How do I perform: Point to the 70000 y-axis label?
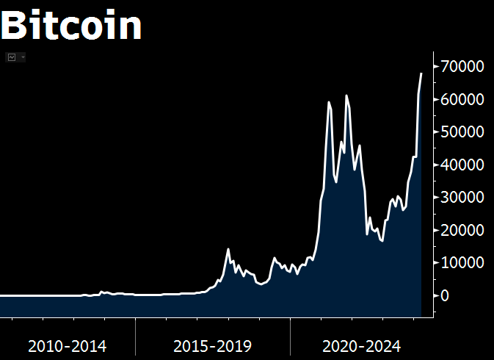(462, 67)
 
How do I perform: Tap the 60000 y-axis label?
(462, 99)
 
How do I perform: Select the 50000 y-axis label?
(462, 132)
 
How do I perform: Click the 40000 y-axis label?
(462, 165)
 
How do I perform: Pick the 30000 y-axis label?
(462, 198)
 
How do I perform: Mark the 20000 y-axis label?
(462, 230)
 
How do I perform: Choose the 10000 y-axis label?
(462, 262)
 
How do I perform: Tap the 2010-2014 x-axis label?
(67, 345)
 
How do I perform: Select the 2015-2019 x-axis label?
(213, 345)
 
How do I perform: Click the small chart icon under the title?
(12, 57)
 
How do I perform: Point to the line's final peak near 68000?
(421, 73)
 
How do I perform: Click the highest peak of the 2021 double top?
(346, 96)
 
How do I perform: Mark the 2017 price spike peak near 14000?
(228, 249)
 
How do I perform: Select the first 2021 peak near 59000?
(329, 102)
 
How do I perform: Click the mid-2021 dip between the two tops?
(336, 182)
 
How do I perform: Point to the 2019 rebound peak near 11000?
(275, 258)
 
